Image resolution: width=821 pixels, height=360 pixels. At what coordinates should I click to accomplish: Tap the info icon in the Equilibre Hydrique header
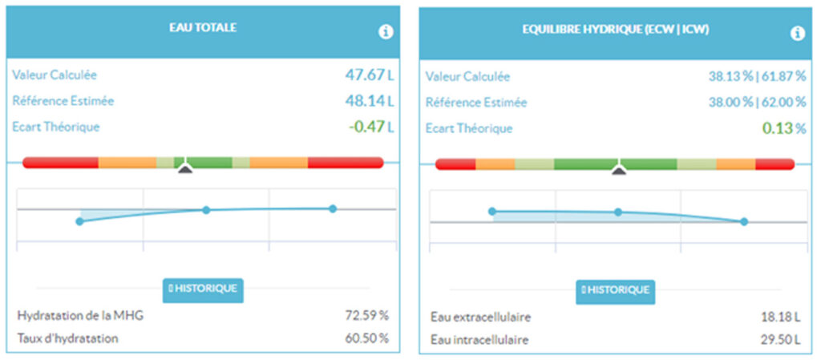tap(797, 34)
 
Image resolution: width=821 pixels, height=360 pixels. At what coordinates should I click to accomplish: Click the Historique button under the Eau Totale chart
tap(203, 289)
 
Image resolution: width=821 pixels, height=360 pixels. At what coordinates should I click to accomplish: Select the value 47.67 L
tap(370, 75)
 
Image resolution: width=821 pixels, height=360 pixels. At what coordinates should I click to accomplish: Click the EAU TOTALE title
tap(203, 27)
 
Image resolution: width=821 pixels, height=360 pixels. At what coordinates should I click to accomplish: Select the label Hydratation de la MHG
tap(80, 316)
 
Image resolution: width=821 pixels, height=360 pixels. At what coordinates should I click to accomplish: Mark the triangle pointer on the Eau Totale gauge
tap(184, 168)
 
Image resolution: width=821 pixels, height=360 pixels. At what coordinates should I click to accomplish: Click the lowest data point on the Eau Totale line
tap(79, 221)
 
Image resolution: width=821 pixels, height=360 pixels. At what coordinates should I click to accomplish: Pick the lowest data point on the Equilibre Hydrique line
tap(744, 221)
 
